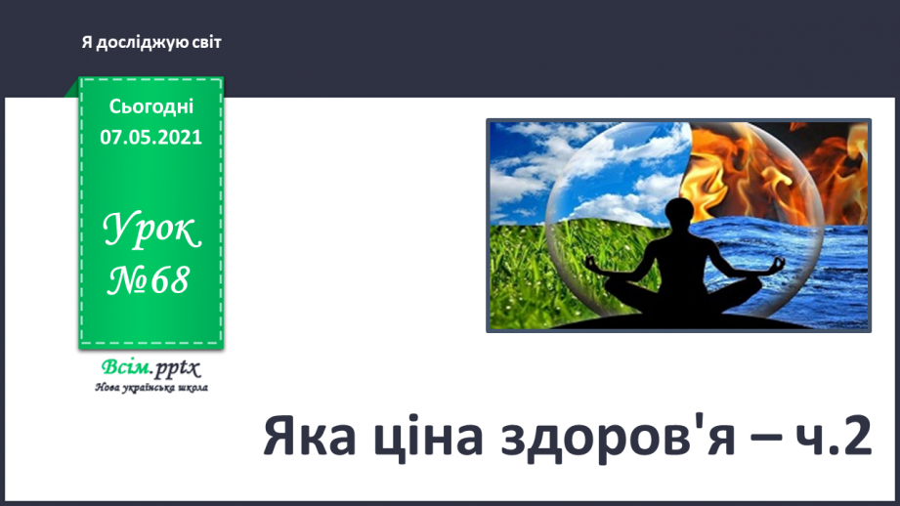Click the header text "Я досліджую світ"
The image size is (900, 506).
[x=151, y=43]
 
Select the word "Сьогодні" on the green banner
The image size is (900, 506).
[x=151, y=106]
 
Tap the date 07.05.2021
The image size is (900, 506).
[x=151, y=137]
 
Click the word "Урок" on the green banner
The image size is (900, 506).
[x=151, y=232]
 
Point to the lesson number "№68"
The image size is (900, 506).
[x=150, y=281]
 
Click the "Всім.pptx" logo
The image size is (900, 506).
[x=150, y=368]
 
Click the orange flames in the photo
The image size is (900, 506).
[x=772, y=166]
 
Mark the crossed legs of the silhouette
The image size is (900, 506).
[x=681, y=293]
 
